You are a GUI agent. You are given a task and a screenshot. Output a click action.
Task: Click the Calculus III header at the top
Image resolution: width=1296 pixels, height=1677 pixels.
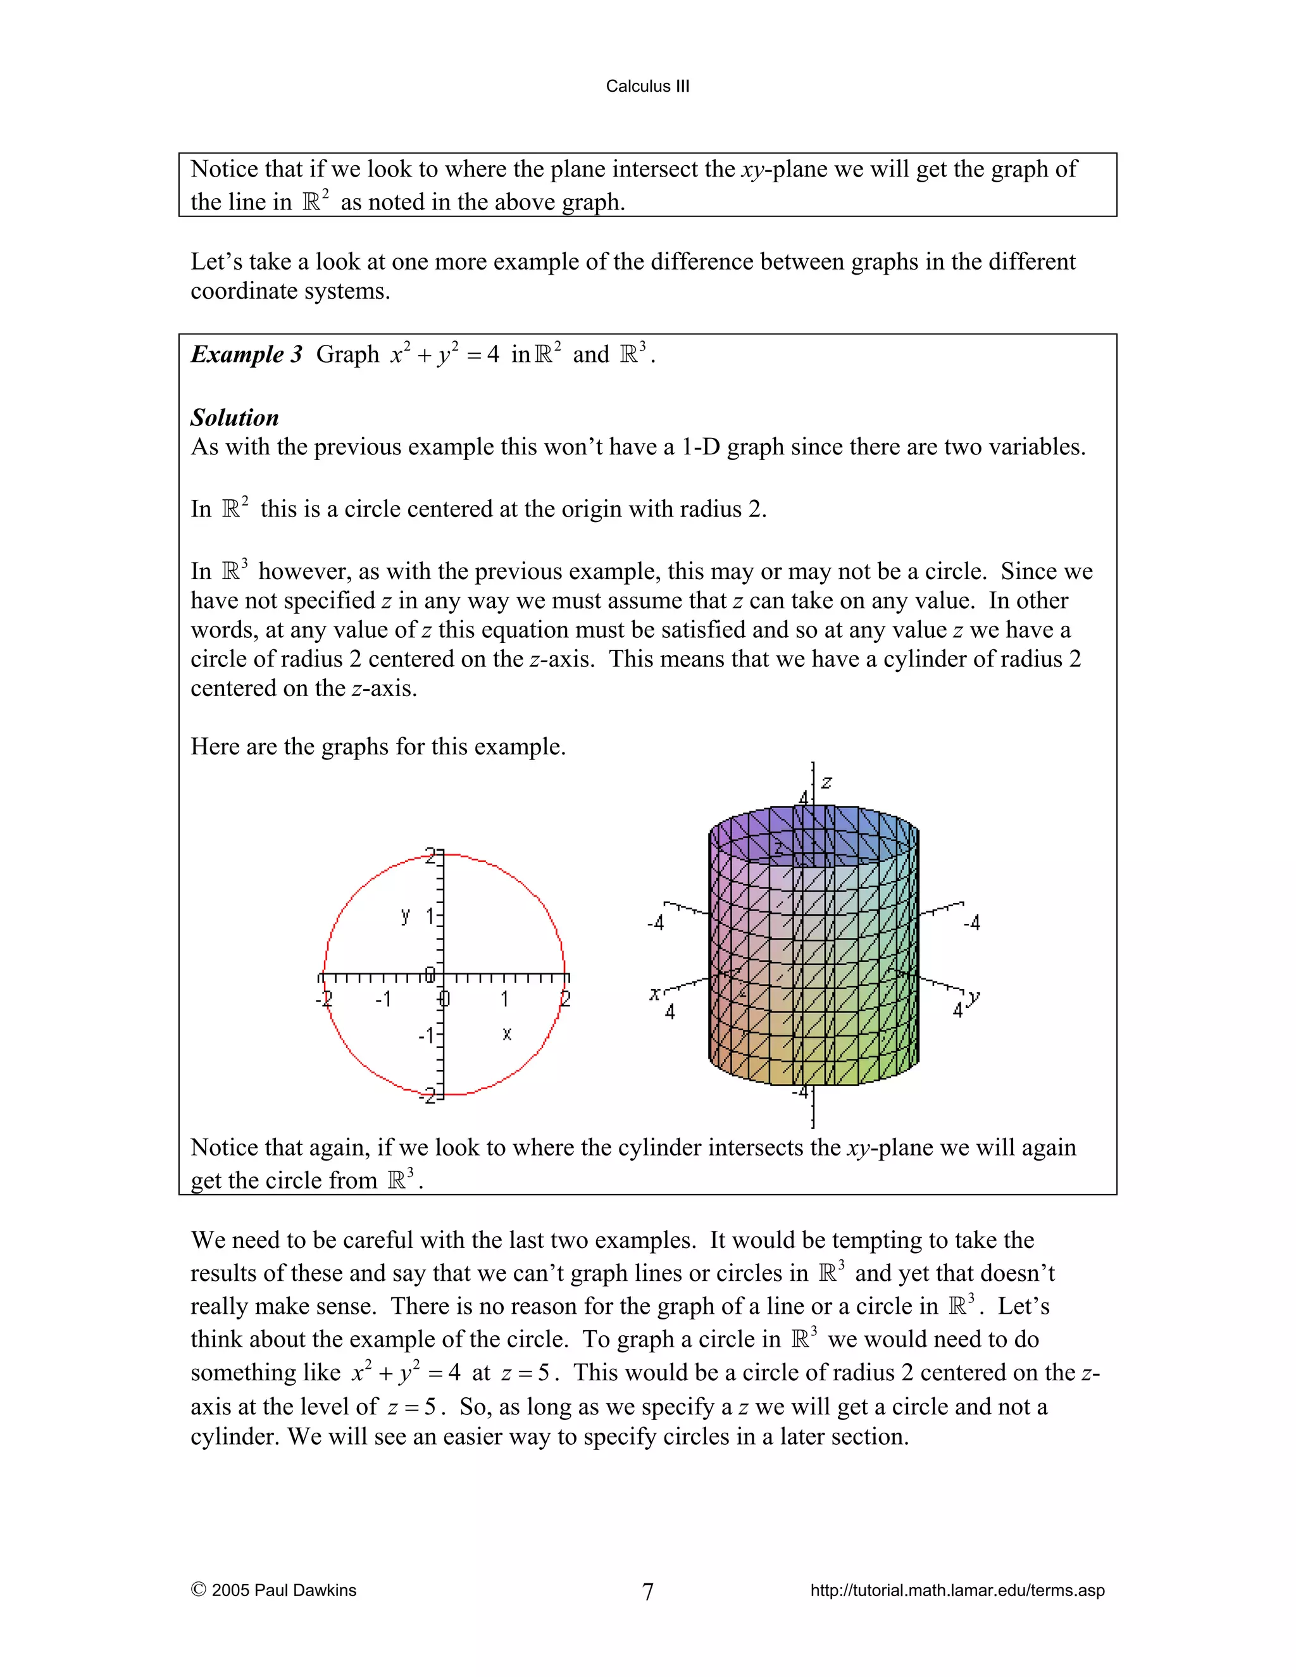pos(647,86)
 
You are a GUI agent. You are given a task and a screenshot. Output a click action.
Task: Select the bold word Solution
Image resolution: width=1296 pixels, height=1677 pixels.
pos(234,417)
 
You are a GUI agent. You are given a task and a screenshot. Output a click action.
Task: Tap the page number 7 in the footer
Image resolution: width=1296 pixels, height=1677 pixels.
pos(647,1591)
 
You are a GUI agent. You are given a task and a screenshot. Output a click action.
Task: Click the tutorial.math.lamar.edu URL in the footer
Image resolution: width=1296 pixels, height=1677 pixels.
pos(957,1590)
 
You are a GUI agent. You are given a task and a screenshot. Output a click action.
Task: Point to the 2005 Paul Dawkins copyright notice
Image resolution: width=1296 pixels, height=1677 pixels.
pos(274,1590)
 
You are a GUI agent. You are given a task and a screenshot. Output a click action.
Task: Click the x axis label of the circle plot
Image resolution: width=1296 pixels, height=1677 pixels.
pos(507,1033)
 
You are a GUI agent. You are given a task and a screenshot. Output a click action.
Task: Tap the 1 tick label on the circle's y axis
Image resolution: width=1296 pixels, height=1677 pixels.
pos(430,916)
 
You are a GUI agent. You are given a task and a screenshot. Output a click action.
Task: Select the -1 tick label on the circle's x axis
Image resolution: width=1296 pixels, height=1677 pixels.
pos(383,999)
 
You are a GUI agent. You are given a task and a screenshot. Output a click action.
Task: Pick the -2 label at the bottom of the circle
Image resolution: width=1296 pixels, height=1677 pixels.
pos(427,1097)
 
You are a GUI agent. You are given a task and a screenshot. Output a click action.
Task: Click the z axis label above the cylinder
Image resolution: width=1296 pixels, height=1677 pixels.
pos(827,782)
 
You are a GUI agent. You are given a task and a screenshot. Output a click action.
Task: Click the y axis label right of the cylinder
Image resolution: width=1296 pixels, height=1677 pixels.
pos(973,997)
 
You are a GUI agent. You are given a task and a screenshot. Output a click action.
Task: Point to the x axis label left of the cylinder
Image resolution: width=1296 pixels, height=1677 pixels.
pos(654,994)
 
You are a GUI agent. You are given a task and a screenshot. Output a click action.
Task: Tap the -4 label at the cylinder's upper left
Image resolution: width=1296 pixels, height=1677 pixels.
pos(655,923)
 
